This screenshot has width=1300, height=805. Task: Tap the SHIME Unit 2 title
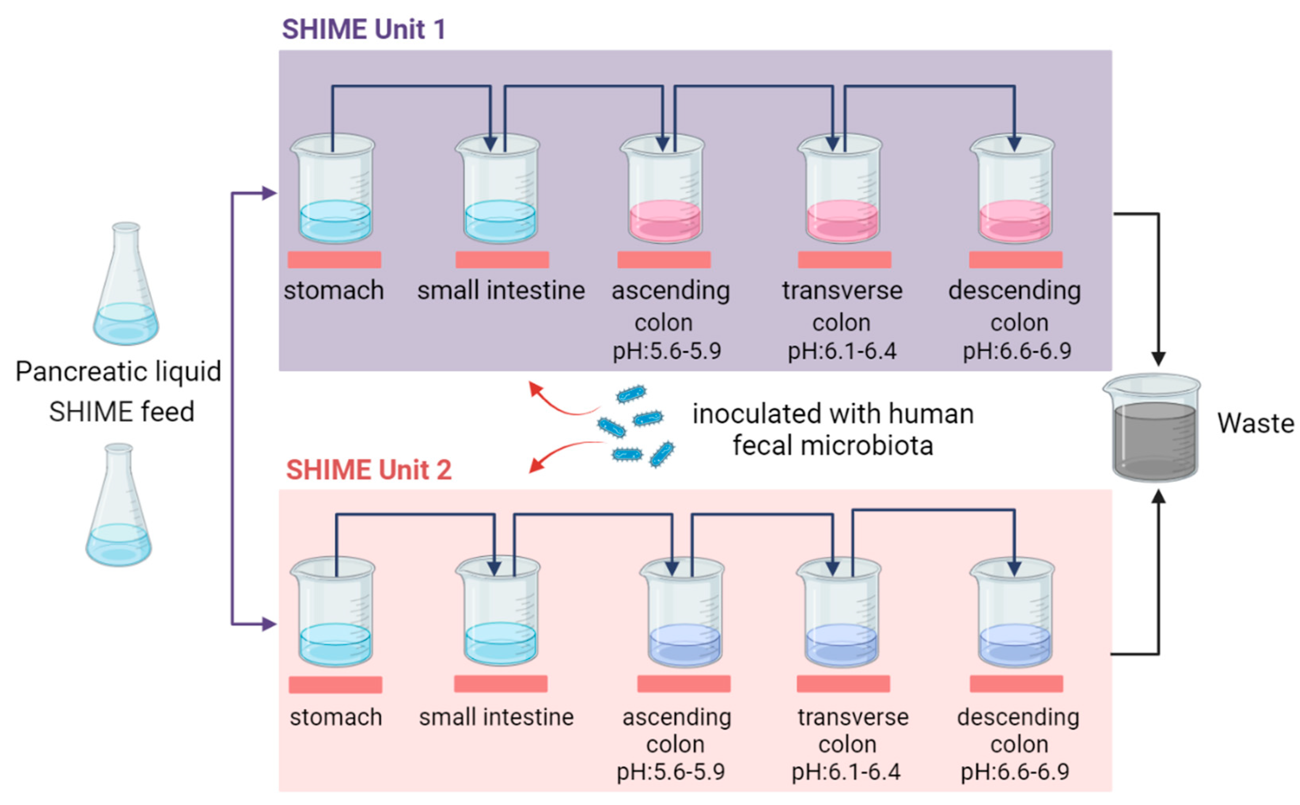(x=368, y=469)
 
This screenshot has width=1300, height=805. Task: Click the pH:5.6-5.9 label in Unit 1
(x=667, y=351)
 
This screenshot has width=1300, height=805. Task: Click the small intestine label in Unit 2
(x=496, y=717)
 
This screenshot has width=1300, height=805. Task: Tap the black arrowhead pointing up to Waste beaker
(x=1158, y=497)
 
